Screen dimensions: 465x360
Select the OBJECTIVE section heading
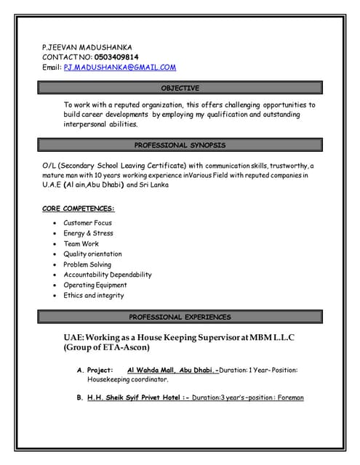click(180, 89)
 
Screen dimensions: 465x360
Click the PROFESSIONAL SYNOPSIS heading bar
click(180, 145)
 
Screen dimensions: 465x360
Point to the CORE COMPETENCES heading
click(79, 209)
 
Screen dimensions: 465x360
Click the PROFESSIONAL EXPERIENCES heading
click(180, 318)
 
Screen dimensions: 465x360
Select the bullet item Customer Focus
click(87, 223)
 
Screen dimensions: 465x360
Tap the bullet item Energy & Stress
click(88, 233)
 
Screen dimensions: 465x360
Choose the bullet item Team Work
click(81, 244)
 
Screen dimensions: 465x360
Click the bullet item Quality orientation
click(92, 254)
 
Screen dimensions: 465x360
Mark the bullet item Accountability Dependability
click(108, 275)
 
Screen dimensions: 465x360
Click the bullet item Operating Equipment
click(94, 286)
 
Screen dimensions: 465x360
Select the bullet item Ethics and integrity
click(94, 296)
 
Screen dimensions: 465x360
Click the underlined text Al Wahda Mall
click(150, 370)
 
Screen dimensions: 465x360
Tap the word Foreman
click(289, 397)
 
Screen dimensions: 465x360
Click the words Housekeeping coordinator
click(127, 379)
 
